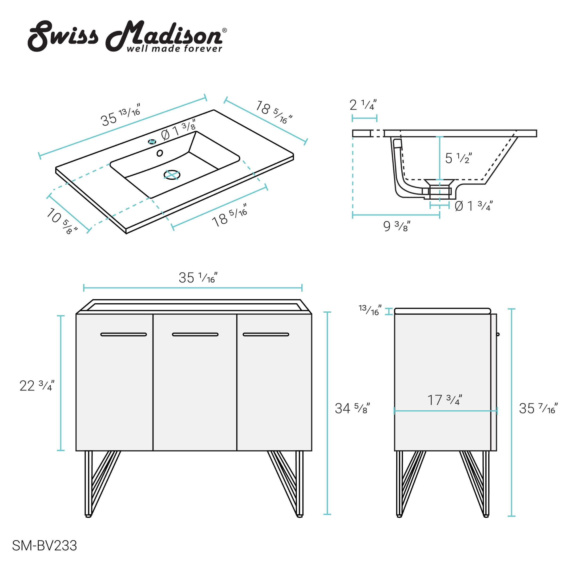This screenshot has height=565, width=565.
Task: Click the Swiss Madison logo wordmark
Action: coord(126,36)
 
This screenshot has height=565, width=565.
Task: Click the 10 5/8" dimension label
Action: coord(62,221)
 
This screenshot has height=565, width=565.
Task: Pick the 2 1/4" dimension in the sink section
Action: coord(363,105)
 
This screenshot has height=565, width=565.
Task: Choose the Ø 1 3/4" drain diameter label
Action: coord(473,206)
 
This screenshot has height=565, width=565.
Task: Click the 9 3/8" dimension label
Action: coord(396,226)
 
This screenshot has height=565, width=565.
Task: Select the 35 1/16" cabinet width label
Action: coord(198,278)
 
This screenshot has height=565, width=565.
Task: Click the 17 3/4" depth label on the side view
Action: coord(444,400)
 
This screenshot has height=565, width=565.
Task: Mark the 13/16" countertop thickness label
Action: coord(370,310)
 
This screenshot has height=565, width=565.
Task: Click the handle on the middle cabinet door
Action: coord(195,334)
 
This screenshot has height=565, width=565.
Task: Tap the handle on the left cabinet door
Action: coord(123,334)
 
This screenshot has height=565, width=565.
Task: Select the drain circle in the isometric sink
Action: coord(172,175)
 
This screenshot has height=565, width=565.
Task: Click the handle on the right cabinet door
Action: coord(266,334)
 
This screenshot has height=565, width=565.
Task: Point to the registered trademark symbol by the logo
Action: coord(224,30)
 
